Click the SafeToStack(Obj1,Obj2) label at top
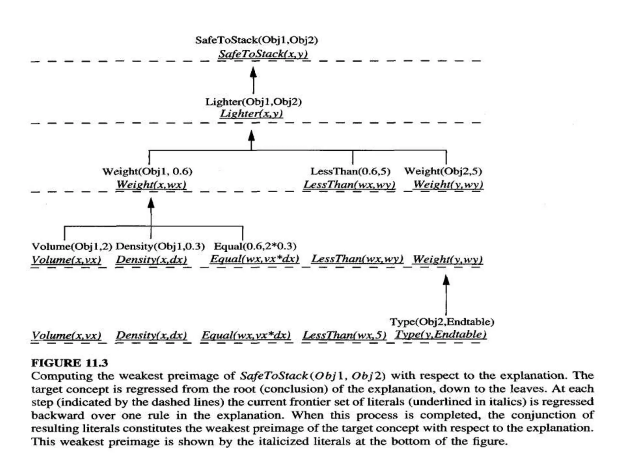(x=257, y=40)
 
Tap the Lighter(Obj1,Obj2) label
(x=253, y=102)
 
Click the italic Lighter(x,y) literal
(x=251, y=114)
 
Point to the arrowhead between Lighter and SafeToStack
(x=253, y=72)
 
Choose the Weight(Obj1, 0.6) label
(x=147, y=171)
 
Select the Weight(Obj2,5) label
(x=443, y=171)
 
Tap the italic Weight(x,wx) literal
(x=151, y=185)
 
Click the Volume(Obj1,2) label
(x=72, y=246)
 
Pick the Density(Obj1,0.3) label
(x=160, y=246)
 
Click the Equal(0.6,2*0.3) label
(x=255, y=246)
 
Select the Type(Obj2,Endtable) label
(x=442, y=322)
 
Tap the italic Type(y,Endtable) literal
(x=441, y=335)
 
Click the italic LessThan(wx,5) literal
(x=344, y=335)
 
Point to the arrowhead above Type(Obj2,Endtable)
(x=446, y=280)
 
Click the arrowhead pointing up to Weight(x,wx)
(x=151, y=203)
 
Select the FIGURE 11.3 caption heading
(x=70, y=363)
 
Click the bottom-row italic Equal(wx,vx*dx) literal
(x=246, y=335)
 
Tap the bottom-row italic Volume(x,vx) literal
(x=66, y=335)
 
